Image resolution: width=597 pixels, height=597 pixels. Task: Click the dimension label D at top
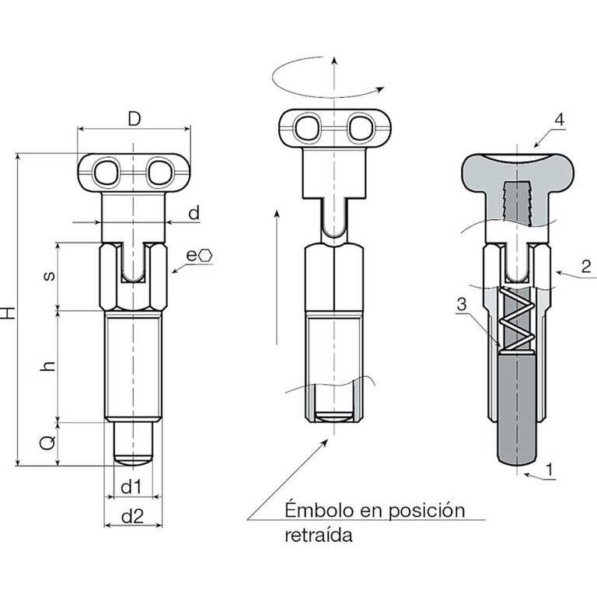point(134,120)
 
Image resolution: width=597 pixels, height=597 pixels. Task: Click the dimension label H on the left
point(9,313)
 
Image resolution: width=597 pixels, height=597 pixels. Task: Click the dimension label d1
point(131,487)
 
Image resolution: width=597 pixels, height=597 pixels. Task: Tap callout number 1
point(550,469)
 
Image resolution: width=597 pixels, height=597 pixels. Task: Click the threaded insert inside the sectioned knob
point(515,202)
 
